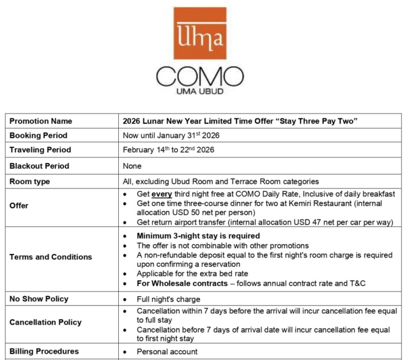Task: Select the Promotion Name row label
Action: tap(40, 121)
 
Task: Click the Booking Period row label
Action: tap(38, 136)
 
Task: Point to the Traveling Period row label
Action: tap(40, 150)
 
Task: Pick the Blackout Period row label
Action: tap(39, 166)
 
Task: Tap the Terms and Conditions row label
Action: tap(50, 257)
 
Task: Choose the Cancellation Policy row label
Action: tap(45, 322)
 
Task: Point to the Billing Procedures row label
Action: tap(44, 351)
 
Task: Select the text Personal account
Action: tap(167, 352)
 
